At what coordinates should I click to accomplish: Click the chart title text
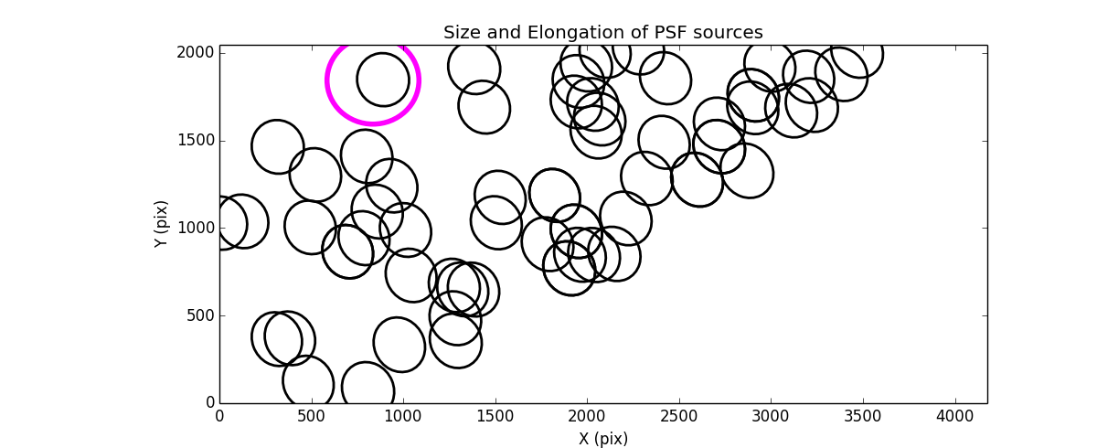click(x=602, y=33)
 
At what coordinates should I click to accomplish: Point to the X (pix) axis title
click(x=602, y=438)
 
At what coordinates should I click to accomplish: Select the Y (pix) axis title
click(x=162, y=224)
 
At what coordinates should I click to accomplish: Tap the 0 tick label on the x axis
click(x=219, y=416)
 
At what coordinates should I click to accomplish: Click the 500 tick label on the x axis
click(x=312, y=416)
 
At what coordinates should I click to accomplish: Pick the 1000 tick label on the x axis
click(x=403, y=416)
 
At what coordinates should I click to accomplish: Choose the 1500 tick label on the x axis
click(x=495, y=416)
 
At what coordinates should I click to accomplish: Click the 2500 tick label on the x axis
click(x=679, y=416)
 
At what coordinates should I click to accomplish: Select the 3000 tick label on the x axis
click(x=771, y=416)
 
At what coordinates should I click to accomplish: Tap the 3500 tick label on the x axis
click(x=863, y=416)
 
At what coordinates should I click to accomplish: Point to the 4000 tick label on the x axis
click(x=955, y=416)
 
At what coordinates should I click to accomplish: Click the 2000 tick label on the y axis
click(x=195, y=53)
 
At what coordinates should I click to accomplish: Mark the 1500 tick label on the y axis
click(x=195, y=141)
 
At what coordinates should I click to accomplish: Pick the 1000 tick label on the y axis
click(x=195, y=229)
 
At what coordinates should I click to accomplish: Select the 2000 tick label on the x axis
click(x=587, y=416)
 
